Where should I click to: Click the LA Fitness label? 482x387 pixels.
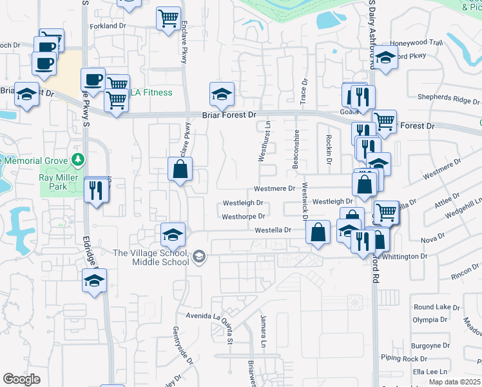[x=151, y=92]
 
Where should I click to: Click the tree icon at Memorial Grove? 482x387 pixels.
[x=78, y=159]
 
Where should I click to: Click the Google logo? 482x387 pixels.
[x=21, y=379]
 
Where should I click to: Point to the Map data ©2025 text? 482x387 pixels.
[x=455, y=382]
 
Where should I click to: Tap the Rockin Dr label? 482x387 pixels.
[x=329, y=148]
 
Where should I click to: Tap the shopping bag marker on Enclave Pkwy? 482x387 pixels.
[x=180, y=170]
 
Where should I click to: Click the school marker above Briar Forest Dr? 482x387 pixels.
[x=222, y=94]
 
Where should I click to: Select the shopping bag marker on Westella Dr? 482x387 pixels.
[x=318, y=233]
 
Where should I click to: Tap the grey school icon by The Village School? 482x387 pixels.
[x=199, y=257]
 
